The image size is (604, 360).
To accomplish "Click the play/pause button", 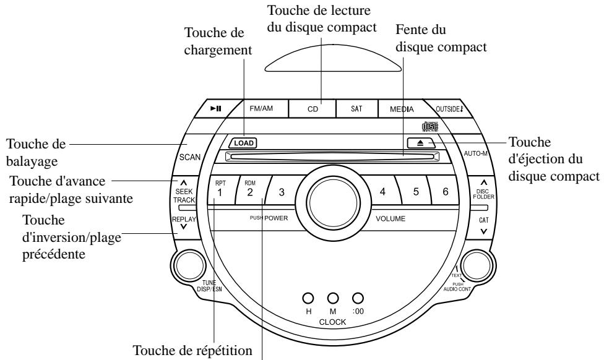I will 214,108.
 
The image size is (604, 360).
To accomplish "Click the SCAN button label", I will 189,157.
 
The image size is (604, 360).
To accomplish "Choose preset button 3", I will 281,192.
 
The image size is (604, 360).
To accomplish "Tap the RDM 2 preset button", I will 249,189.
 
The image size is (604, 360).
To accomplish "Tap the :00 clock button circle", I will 356,298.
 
